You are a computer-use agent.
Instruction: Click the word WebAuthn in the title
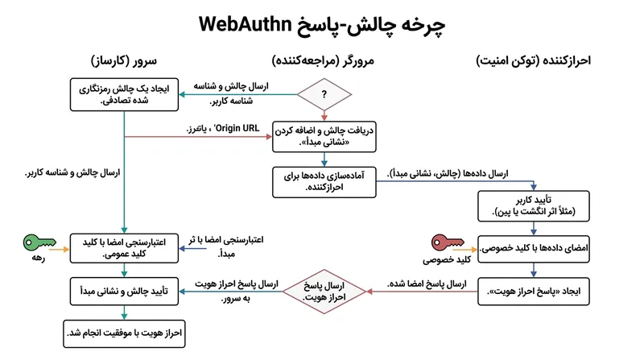click(x=245, y=24)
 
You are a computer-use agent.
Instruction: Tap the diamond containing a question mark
click(x=324, y=94)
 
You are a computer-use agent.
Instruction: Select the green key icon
click(x=39, y=242)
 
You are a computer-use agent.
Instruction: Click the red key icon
click(x=448, y=242)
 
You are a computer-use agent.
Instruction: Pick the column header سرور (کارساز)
click(x=124, y=61)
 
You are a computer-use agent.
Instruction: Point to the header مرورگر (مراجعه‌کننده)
click(x=323, y=61)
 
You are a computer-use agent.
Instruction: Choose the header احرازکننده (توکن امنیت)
click(x=533, y=61)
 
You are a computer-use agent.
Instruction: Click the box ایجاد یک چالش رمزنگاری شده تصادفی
click(x=124, y=94)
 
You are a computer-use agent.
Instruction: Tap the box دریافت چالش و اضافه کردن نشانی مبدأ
click(x=324, y=136)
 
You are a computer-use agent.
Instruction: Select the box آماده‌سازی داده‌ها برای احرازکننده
click(x=324, y=182)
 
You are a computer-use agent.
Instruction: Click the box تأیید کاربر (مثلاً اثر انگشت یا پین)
click(x=534, y=206)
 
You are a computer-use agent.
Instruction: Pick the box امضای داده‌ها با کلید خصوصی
click(x=534, y=249)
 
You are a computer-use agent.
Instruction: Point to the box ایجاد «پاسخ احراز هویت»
click(x=534, y=292)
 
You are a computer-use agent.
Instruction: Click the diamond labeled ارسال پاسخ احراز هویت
click(x=324, y=292)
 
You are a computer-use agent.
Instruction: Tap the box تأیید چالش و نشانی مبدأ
click(x=124, y=292)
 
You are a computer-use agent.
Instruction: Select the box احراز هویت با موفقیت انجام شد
click(x=124, y=333)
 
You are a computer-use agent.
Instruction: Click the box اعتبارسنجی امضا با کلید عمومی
click(x=124, y=248)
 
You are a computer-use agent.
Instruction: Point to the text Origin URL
click(x=237, y=128)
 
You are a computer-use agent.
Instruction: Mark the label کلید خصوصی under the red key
click(x=447, y=259)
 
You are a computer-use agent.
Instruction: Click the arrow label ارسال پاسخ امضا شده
click(x=427, y=283)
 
